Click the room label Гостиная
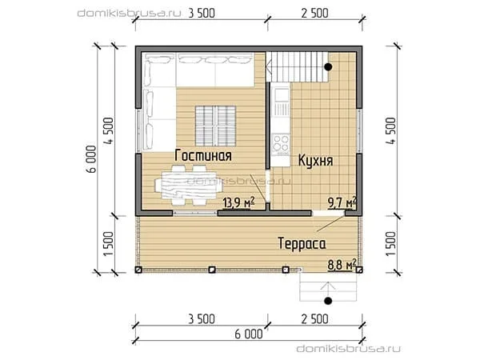click(203, 155)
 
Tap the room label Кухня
click(316, 161)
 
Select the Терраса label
click(302, 244)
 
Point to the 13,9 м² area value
click(239, 202)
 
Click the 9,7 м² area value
click(342, 202)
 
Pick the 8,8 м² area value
click(342, 265)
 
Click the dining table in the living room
click(189, 185)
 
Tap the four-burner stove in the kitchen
click(281, 143)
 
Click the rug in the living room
click(215, 126)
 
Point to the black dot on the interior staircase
click(328, 66)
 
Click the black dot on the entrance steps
click(328, 301)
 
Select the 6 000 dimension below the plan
click(249, 334)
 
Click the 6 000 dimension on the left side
click(91, 159)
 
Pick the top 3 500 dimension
click(202, 13)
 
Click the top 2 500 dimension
click(314, 13)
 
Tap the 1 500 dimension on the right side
click(391, 244)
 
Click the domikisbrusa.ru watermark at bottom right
click(348, 349)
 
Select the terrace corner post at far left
click(138, 270)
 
